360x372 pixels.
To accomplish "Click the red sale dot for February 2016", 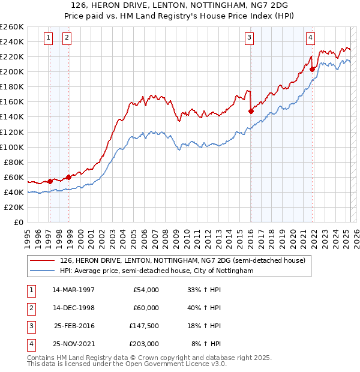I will click(251, 111).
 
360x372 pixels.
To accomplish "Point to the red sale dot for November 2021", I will click(312, 69).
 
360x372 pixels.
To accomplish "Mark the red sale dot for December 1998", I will click(68, 176).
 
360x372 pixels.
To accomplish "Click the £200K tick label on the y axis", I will click(11, 71).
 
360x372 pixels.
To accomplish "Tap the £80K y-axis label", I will click(13, 162).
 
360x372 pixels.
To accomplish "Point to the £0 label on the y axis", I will click(18, 222).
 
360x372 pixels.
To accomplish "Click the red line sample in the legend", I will click(43, 260).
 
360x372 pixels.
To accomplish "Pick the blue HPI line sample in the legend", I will click(43, 271).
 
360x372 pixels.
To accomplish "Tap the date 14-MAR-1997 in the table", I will click(73, 289).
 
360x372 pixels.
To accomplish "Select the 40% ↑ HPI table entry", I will click(205, 308).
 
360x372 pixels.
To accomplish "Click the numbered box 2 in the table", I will click(31, 308).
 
